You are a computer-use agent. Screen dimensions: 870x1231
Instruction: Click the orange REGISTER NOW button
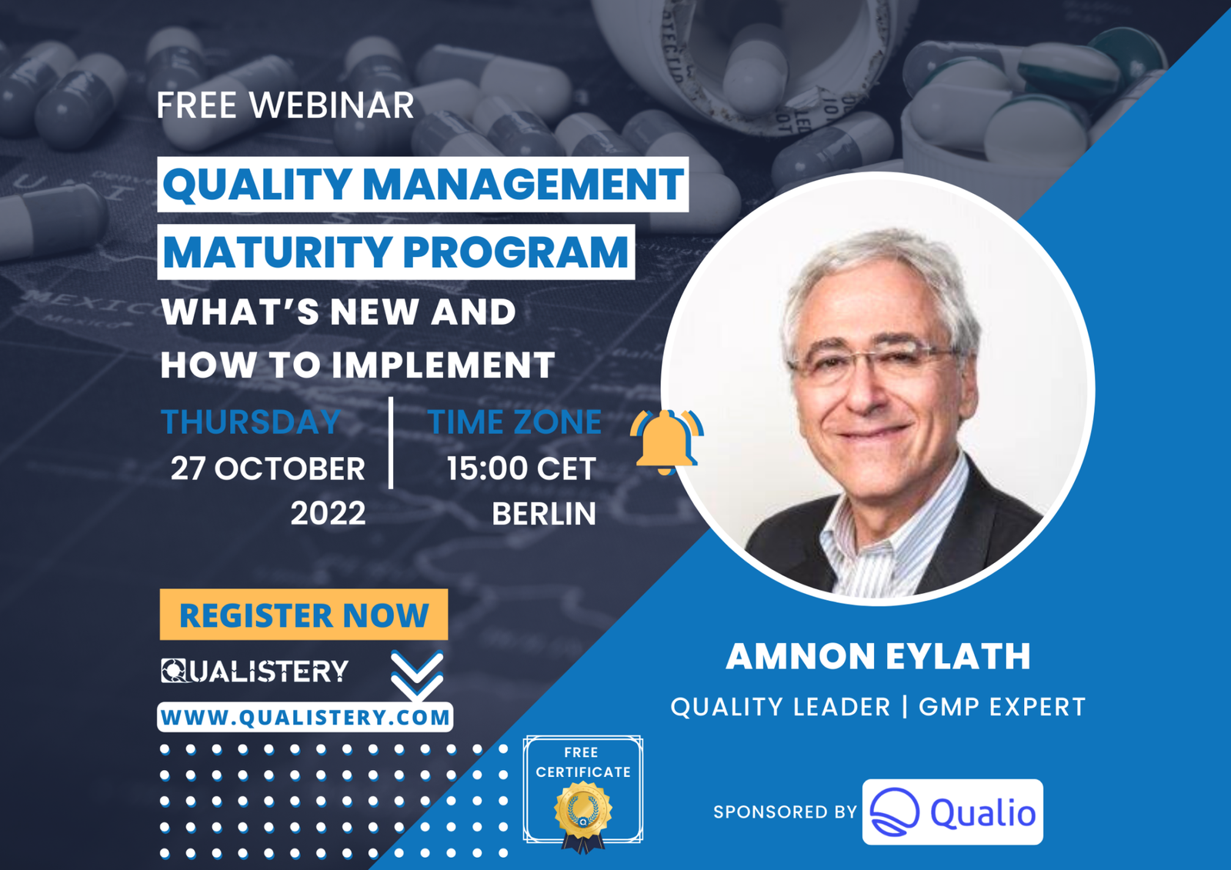[303, 615]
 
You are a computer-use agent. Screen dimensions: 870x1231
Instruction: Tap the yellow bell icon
[665, 442]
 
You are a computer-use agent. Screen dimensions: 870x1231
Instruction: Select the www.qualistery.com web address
[305, 718]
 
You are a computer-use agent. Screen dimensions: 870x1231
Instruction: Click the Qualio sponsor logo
[952, 812]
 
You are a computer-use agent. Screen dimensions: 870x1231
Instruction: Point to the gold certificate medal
[582, 812]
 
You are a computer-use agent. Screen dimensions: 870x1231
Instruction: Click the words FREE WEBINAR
[285, 105]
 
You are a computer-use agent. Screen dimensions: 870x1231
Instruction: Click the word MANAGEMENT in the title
[522, 185]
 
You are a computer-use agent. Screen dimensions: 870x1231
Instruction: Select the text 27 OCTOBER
[268, 468]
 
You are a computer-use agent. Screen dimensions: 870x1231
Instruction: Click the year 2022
[328, 513]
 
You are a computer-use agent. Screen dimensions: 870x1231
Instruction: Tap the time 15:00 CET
[521, 468]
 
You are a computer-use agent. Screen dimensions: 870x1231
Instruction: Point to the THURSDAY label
[250, 422]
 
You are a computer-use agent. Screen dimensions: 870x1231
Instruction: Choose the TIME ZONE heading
[514, 422]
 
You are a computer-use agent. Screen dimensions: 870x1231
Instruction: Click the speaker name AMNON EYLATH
[878, 656]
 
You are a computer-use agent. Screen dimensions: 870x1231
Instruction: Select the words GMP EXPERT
[1001, 707]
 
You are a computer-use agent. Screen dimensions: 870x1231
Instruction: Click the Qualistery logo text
[255, 671]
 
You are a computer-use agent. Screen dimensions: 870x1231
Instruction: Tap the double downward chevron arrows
[416, 675]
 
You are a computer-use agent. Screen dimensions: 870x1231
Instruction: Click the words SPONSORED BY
[784, 812]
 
